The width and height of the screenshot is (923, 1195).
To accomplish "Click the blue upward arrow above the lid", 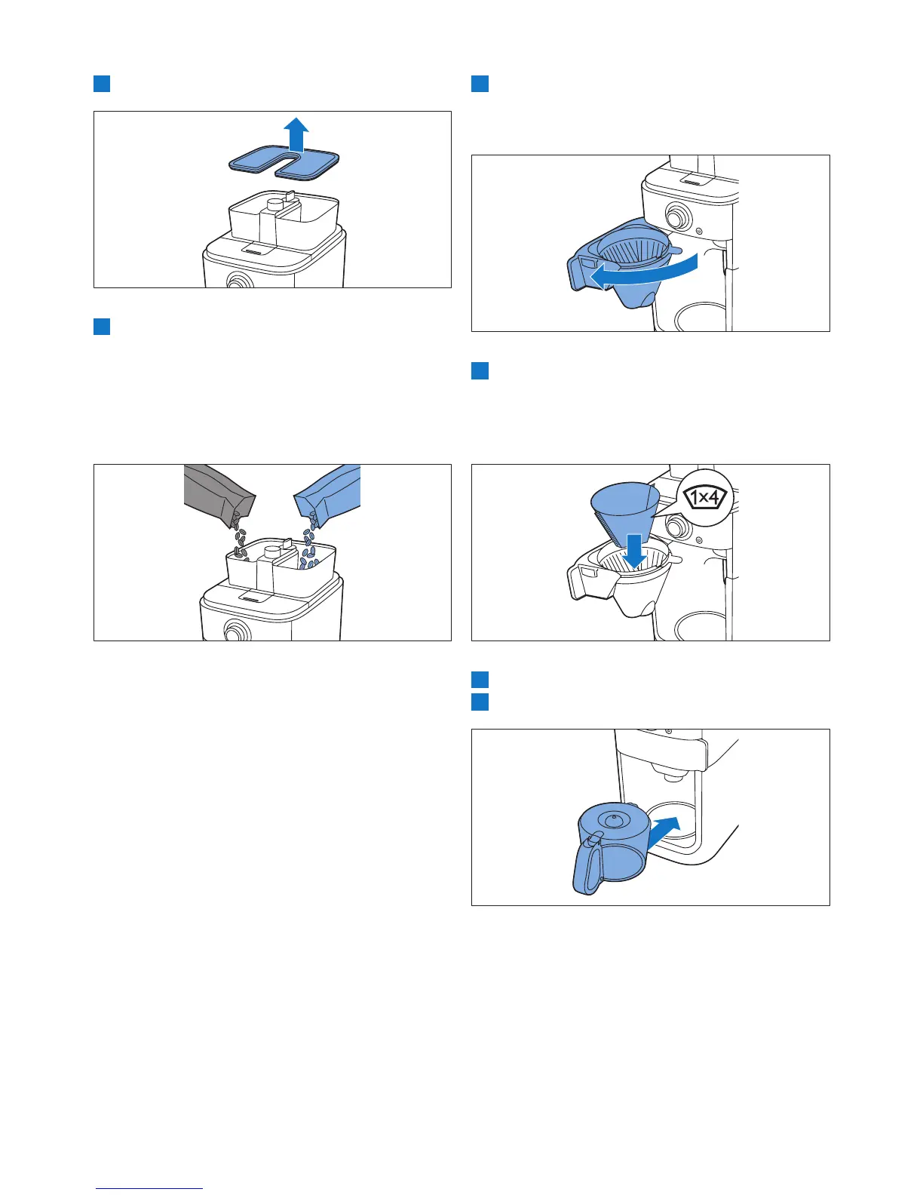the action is click(296, 134).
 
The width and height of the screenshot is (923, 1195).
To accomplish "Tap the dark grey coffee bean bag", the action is click(218, 492).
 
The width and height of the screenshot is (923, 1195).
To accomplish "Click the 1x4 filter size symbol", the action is click(704, 498).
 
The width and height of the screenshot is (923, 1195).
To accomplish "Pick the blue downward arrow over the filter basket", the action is click(634, 551).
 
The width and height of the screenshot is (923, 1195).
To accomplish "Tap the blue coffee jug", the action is click(610, 847).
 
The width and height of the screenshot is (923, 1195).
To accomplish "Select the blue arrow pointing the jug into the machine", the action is click(664, 834).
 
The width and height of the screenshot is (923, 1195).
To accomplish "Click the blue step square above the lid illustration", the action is click(102, 84).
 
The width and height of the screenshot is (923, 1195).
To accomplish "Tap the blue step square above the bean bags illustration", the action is click(102, 326).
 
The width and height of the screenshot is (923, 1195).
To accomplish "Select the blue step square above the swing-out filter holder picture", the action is click(480, 84).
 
